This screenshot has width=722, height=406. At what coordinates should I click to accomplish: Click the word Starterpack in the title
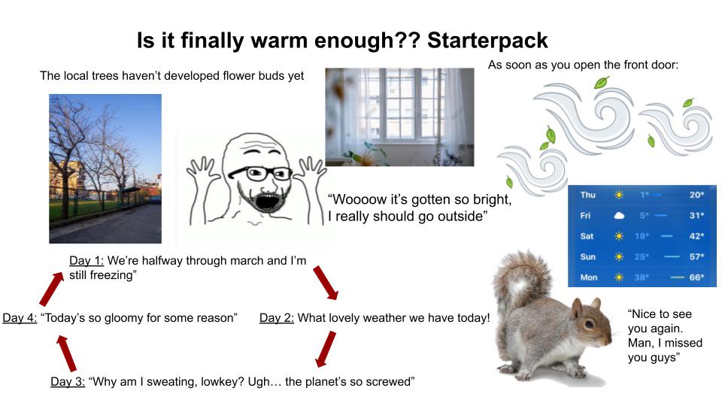[487, 41]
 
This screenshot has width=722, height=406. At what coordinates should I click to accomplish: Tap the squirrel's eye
[590, 324]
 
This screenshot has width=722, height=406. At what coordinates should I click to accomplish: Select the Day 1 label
[86, 261]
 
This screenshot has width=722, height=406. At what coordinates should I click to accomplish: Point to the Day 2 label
[277, 317]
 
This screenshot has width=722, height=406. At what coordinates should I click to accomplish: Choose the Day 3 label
[68, 382]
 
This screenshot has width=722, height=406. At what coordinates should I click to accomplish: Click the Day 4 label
[20, 317]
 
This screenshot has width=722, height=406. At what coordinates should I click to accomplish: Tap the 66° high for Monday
[696, 277]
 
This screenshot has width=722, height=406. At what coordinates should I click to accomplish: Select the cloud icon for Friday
[619, 216]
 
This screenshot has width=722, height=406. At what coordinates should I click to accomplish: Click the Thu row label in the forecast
[587, 195]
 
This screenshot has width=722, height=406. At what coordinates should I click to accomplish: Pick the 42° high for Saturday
[696, 236]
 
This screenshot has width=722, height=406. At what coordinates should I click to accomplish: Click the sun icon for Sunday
[619, 256]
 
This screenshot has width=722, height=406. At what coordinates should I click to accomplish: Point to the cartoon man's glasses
[261, 173]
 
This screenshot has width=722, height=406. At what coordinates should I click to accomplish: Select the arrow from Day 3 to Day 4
[66, 353]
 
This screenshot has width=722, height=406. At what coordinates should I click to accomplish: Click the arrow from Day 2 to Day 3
[326, 349]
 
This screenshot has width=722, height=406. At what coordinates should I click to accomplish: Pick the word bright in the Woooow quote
[489, 200]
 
